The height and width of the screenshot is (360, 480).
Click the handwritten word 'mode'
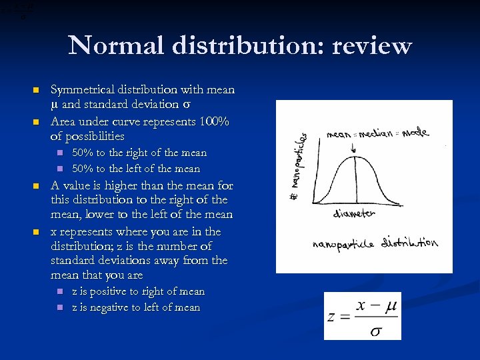point(415,132)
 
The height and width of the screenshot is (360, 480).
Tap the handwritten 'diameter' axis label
point(355,214)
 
